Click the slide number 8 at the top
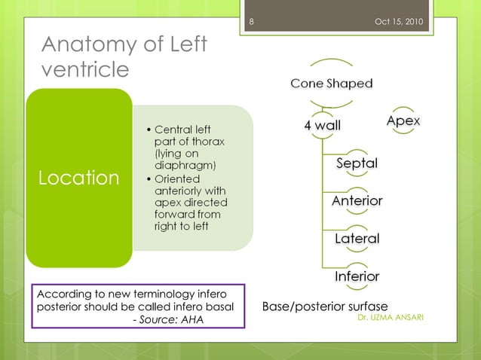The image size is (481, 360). (x=251, y=20)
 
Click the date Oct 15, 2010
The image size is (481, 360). (x=398, y=20)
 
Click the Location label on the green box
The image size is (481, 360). (x=79, y=178)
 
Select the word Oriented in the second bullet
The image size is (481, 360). (x=177, y=178)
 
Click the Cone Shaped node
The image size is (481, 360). (x=332, y=84)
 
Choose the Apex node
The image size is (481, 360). (x=403, y=121)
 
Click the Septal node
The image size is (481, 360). (x=357, y=163)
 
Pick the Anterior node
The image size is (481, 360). (x=357, y=201)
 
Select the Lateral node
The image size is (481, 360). (x=357, y=239)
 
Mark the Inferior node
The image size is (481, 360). (x=357, y=276)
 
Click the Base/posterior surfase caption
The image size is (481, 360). (x=324, y=307)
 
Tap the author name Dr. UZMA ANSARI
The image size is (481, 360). (x=391, y=317)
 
